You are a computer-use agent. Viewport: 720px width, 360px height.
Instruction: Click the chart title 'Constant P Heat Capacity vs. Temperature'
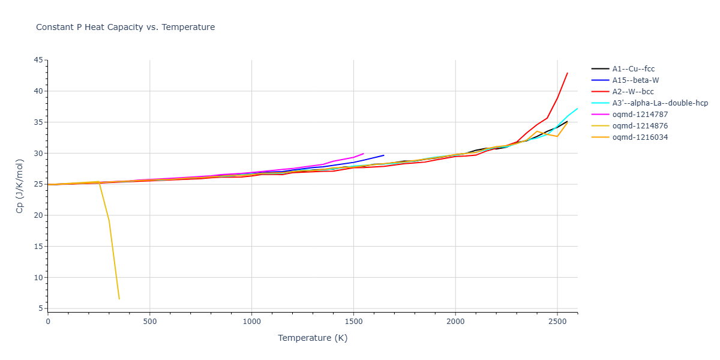(125, 27)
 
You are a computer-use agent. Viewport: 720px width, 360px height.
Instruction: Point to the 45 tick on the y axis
(39, 60)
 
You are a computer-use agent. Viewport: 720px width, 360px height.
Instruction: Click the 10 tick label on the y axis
(39, 277)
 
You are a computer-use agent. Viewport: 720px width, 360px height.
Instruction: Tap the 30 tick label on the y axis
(39, 153)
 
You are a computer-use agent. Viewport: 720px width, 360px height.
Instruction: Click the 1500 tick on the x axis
(353, 322)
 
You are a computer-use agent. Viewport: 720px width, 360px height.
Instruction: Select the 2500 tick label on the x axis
(557, 322)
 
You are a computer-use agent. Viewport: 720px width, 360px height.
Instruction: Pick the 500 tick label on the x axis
(150, 322)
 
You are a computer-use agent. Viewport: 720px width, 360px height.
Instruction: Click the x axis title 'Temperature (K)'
(313, 338)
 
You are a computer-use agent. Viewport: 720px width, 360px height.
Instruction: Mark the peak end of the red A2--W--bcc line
(567, 73)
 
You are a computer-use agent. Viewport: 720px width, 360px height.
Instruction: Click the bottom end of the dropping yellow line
(119, 299)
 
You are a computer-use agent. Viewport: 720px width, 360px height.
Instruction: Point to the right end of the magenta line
(364, 153)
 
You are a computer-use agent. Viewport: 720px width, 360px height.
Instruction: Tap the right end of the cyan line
(577, 109)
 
